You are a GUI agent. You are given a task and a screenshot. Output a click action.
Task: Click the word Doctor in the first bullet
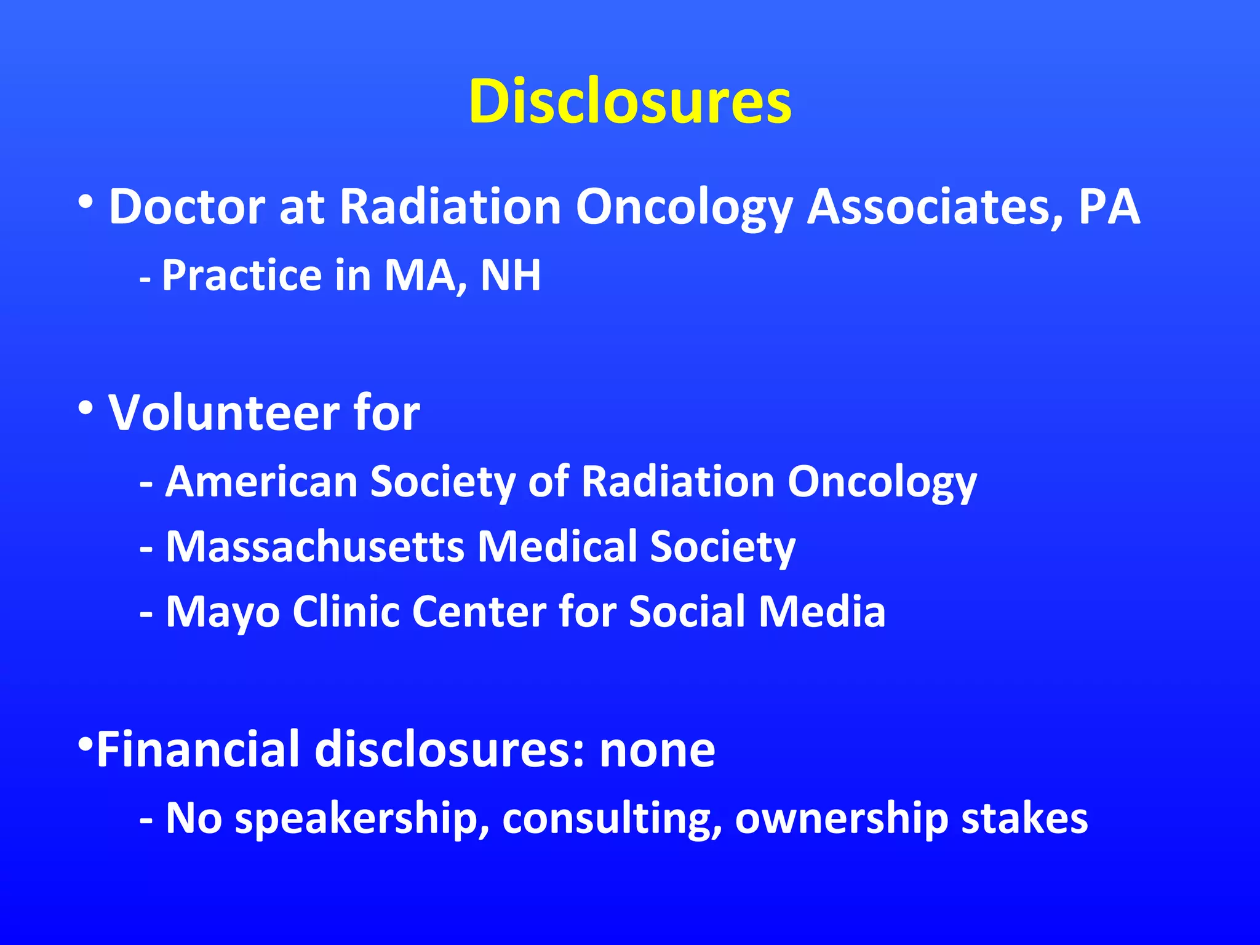(186, 207)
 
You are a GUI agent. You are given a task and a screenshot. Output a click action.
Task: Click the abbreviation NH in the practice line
(510, 275)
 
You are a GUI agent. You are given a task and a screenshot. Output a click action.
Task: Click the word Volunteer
(223, 413)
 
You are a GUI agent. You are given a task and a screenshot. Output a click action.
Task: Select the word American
(261, 481)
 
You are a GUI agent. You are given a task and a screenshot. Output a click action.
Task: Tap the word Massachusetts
(314, 546)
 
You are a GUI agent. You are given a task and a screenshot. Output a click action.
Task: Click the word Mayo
(223, 612)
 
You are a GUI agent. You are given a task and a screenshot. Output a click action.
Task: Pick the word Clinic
(346, 612)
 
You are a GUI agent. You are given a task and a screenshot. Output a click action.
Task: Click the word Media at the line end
(821, 612)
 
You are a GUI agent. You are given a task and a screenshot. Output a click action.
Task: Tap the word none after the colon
(657, 749)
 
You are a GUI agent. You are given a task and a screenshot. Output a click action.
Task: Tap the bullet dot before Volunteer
(86, 407)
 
